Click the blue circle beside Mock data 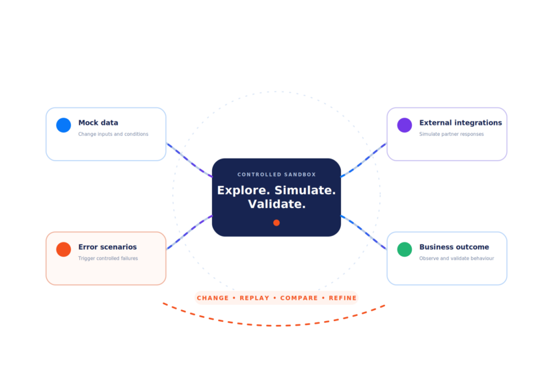point(64,125)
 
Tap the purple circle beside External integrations point(405,125)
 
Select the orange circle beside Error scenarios point(64,250)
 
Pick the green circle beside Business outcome point(405,250)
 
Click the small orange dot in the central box point(276,223)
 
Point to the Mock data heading point(98,123)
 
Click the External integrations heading point(460,123)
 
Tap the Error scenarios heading point(107,247)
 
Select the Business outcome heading point(454,247)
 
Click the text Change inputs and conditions point(113,135)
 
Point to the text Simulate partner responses point(452,135)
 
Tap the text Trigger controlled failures point(108,258)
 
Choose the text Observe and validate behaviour point(456,258)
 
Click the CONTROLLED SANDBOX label point(276,174)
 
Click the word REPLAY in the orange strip point(254,298)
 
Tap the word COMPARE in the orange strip point(299,298)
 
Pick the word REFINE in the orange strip point(342,298)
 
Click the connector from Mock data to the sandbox point(189,161)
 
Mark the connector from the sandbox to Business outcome point(363,232)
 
